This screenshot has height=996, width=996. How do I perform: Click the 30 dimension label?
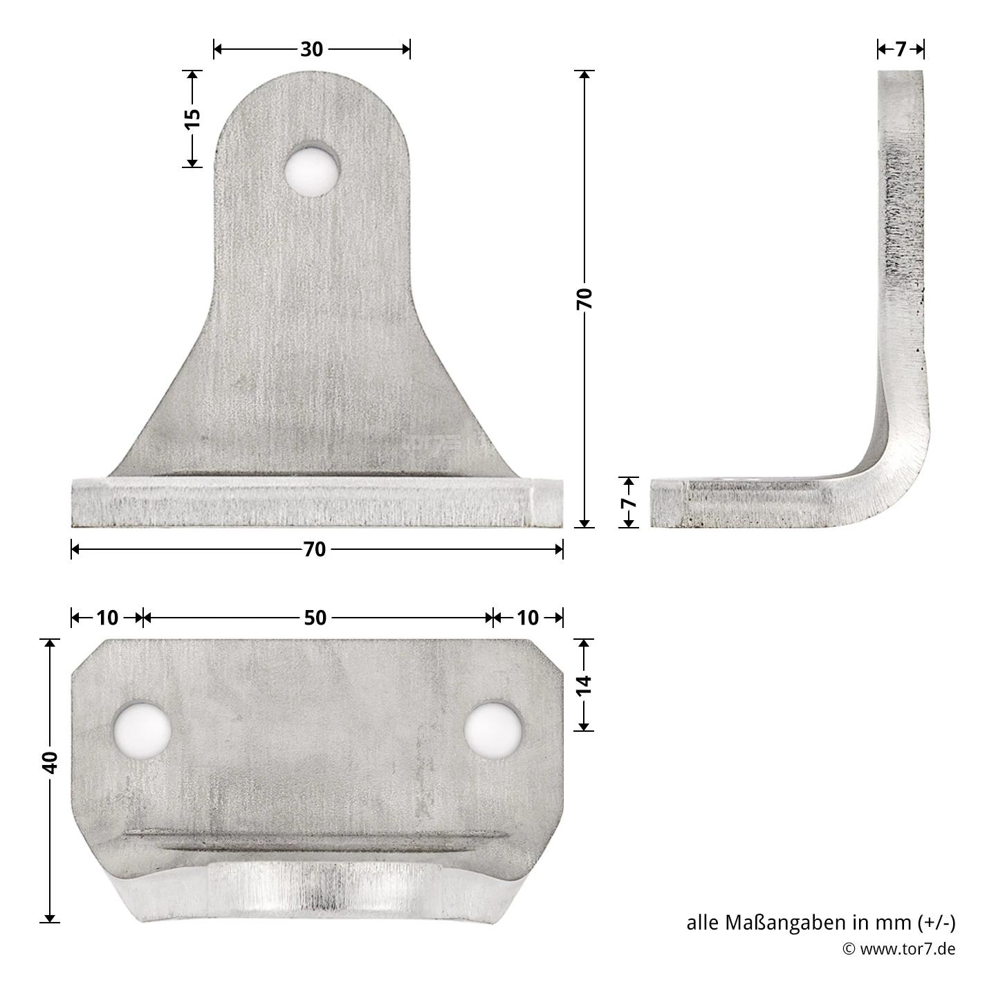(x=312, y=49)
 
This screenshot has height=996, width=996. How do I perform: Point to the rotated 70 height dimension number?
(x=584, y=298)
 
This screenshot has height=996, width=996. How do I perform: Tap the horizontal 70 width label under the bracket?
(x=314, y=549)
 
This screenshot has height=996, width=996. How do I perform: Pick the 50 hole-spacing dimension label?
(x=315, y=618)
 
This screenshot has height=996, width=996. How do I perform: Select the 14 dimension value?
(x=584, y=684)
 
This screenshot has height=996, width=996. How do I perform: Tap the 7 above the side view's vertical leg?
(x=900, y=49)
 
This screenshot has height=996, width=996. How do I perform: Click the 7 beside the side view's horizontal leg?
(x=628, y=502)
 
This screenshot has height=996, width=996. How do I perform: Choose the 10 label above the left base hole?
(x=107, y=618)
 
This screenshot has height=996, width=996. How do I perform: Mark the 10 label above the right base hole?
(x=528, y=618)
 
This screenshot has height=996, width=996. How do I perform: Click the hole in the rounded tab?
(x=313, y=169)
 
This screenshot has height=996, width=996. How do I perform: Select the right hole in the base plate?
(x=492, y=730)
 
